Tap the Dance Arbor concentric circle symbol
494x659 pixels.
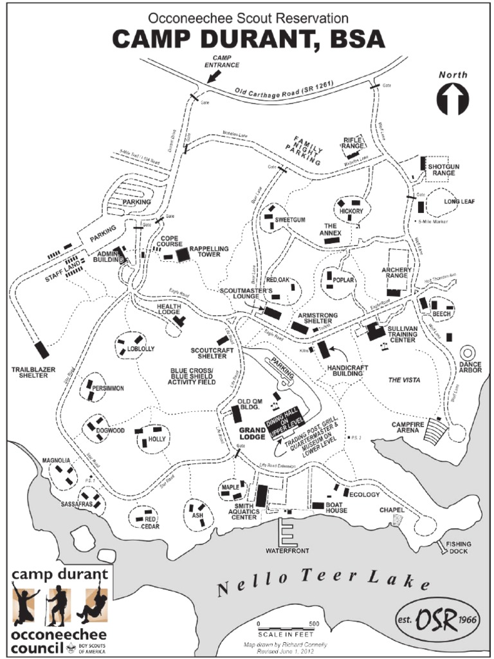(468, 353)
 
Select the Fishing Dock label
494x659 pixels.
(459, 547)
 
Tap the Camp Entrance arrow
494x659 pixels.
(214, 77)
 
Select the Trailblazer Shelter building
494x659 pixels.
(42, 350)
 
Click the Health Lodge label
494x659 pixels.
(169, 309)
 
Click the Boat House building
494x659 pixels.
(318, 505)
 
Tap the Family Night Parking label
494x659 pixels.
(307, 150)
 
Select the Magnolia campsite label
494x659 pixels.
(56, 460)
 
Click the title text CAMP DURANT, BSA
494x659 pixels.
(248, 39)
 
